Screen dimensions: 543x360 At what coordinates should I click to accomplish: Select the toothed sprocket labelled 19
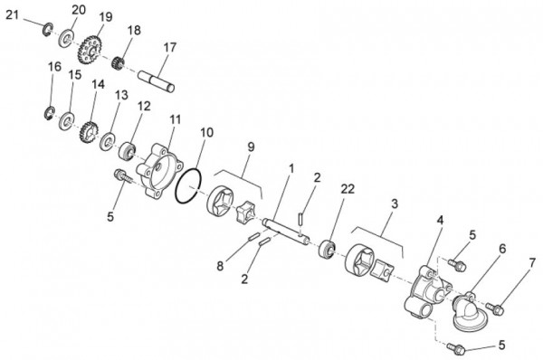90,50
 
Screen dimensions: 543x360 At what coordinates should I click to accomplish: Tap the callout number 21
12,14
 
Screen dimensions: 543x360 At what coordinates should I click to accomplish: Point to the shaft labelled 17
157,81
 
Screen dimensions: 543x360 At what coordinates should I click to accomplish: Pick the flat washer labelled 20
65,39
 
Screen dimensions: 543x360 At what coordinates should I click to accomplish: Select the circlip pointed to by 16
49,113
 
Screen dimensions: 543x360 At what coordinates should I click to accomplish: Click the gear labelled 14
89,134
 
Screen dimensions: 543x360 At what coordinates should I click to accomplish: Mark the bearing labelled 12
128,150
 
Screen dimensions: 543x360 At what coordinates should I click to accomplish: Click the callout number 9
251,147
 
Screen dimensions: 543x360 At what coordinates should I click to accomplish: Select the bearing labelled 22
327,249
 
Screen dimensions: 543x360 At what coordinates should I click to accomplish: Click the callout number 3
395,204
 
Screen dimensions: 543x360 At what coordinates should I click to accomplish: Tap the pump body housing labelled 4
428,291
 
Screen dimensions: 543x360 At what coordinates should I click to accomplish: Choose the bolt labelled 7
494,308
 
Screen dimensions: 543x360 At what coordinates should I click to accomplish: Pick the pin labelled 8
253,237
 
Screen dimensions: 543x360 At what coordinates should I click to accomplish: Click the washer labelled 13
108,141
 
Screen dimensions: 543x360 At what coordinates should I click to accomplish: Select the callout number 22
348,189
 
